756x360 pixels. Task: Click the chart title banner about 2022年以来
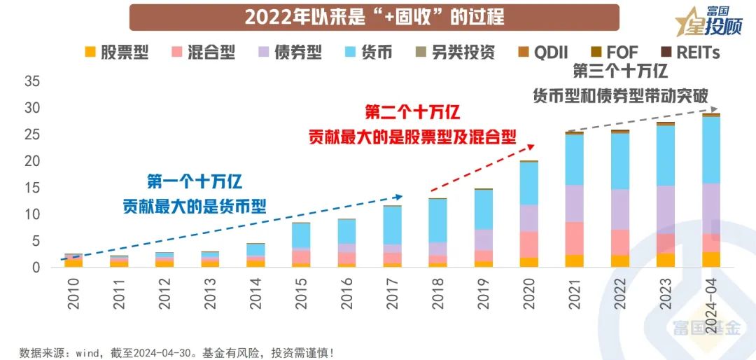pos(374,17)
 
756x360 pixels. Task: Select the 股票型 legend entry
pos(116,53)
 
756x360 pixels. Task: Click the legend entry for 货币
pos(368,53)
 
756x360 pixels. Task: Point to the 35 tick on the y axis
pos(32,81)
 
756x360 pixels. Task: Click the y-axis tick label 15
pos(32,188)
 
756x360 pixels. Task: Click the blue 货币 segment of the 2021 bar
pos(575,159)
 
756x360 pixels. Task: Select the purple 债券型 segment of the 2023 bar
pos(666,209)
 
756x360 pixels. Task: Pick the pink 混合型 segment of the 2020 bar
pos(529,244)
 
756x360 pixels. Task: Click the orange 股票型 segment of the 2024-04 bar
pos(711,259)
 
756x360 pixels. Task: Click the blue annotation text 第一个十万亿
pos(195,181)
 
